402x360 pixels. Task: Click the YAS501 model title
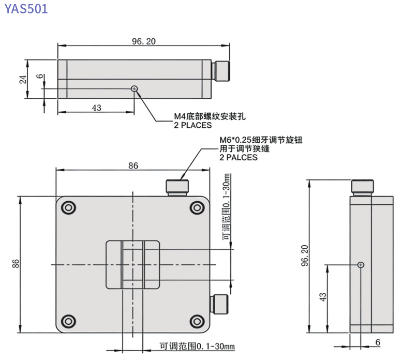click(x=26, y=9)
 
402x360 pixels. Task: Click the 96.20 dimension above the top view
click(x=143, y=41)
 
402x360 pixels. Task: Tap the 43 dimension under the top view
click(x=96, y=108)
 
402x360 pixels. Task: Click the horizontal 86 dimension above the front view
click(x=133, y=166)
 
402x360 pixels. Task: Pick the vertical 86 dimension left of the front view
click(x=16, y=264)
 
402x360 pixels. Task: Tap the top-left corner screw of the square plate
click(x=68, y=208)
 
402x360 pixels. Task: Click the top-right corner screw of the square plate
click(x=197, y=208)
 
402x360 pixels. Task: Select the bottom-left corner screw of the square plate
click(x=68, y=321)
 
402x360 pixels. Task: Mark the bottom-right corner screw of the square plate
click(x=197, y=321)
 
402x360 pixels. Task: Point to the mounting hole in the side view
click(x=361, y=265)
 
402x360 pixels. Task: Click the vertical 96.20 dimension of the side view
click(x=304, y=256)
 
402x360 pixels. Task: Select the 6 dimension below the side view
click(x=377, y=342)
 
